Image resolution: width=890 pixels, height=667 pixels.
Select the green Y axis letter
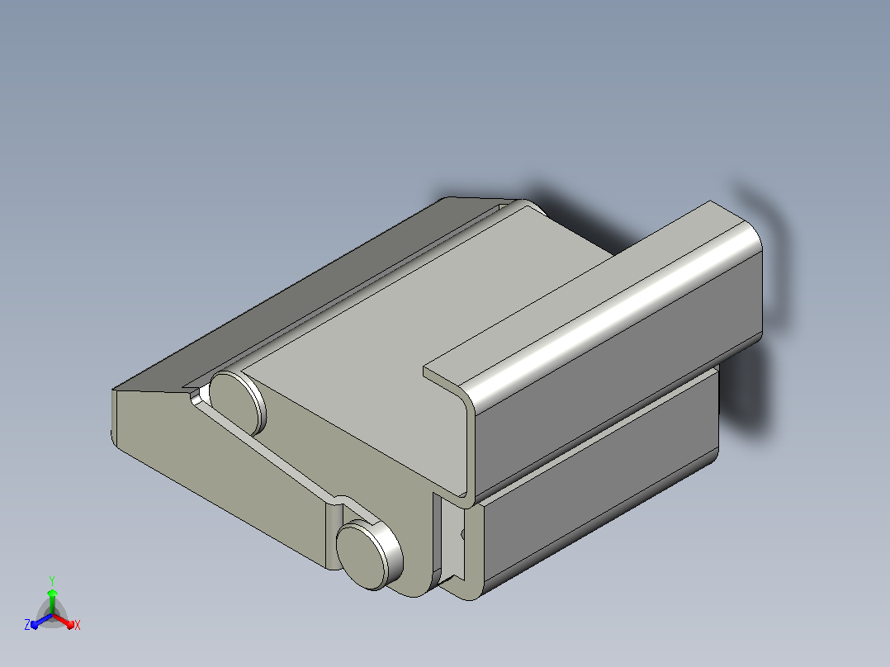52,580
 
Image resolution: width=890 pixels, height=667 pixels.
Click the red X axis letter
78,625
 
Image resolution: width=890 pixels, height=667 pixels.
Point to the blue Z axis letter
26,624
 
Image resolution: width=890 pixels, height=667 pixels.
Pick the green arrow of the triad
52,601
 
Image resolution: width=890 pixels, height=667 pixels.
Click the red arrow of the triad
64,621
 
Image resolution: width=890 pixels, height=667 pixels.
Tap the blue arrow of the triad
41,621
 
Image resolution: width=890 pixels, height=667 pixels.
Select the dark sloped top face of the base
296,296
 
